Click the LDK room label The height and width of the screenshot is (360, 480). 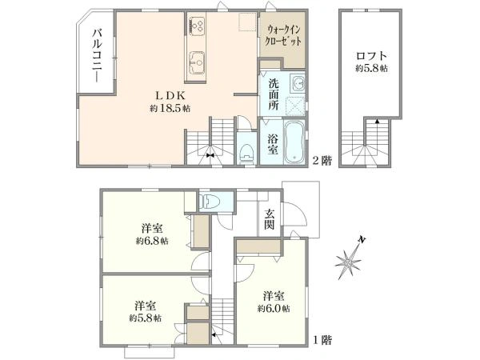168,94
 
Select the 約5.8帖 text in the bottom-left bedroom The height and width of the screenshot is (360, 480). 144,318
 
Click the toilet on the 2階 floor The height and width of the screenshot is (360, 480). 246,152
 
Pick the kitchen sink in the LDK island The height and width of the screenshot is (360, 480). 198,60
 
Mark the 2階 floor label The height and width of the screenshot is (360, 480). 322,160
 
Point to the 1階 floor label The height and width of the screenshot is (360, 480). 322,339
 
